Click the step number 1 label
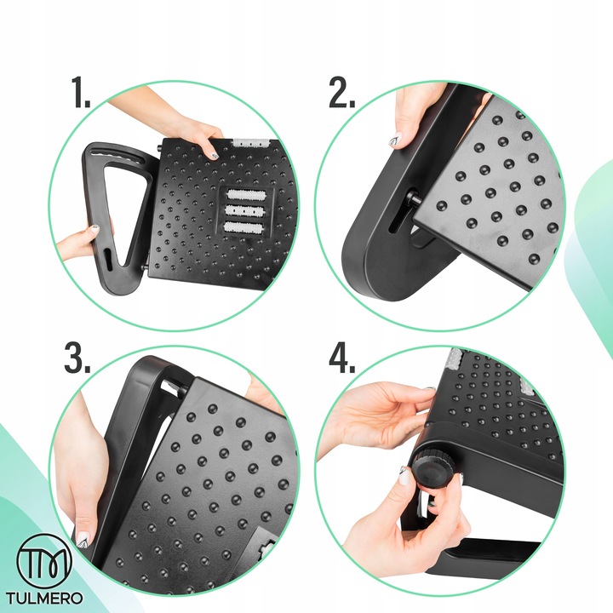[x=81, y=92]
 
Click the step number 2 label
[x=342, y=92]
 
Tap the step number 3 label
[x=77, y=358]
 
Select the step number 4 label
[x=342, y=358]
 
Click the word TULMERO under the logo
[x=44, y=598]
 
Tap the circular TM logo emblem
[x=44, y=560]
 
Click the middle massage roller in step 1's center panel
[x=245, y=211]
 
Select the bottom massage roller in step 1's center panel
[x=244, y=227]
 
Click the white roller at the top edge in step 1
[x=250, y=142]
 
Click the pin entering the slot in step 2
[x=415, y=197]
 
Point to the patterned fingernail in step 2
[x=397, y=139]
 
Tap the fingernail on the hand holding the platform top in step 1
[x=215, y=156]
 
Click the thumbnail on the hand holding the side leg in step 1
[x=95, y=228]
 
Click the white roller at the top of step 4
[x=455, y=359]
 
